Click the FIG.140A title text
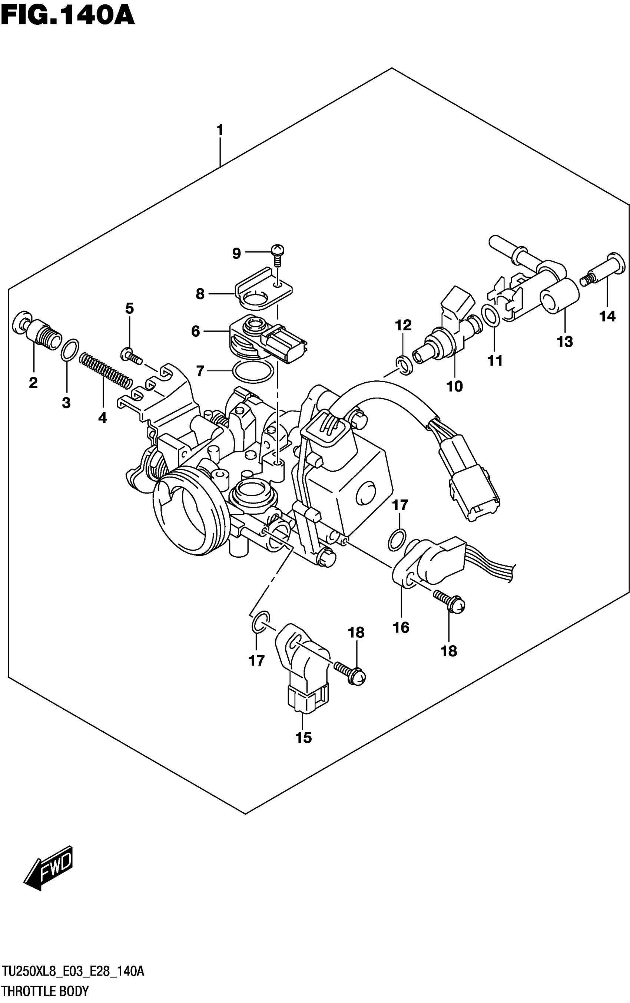[x=67, y=17]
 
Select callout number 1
[x=220, y=131]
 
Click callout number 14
[x=607, y=317]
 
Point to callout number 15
[x=304, y=738]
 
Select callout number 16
[x=401, y=627]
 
